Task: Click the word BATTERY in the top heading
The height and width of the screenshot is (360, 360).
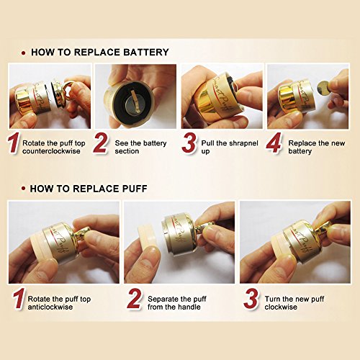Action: [146, 53]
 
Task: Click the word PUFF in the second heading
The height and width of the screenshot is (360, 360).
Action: [135, 189]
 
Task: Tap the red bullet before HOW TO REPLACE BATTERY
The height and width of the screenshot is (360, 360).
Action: [23, 53]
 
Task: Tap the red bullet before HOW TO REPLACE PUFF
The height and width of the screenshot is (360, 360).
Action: [23, 189]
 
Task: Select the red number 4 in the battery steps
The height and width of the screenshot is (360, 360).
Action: [274, 143]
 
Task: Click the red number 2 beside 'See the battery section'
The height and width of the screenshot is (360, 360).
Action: [101, 143]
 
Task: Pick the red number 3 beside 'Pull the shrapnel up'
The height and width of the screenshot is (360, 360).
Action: [189, 143]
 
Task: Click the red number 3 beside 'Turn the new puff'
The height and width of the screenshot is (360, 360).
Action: [251, 299]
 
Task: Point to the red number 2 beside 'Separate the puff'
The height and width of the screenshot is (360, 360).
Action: [135, 299]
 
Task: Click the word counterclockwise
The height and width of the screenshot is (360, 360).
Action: [51, 151]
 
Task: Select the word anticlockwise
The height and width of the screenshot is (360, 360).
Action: [50, 307]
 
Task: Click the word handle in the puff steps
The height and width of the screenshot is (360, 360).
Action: [189, 307]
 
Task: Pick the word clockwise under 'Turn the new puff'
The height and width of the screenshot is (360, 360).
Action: [281, 307]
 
